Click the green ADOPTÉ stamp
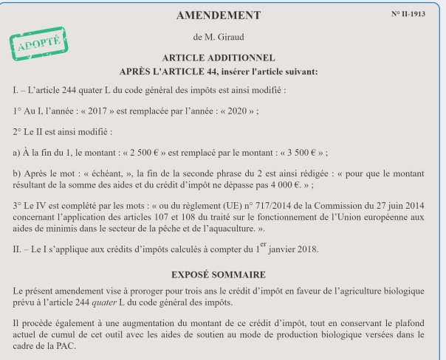pyautogui.click(x=34, y=46)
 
